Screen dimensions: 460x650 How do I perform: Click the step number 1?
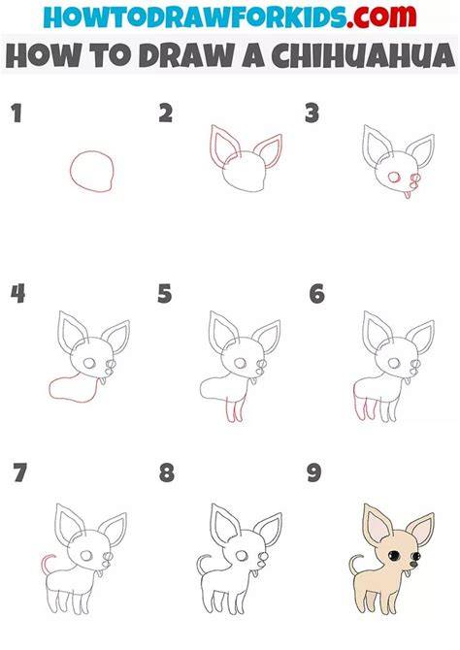click(x=16, y=114)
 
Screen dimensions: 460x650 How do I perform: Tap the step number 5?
click(x=165, y=294)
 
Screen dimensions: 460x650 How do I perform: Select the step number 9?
click(x=314, y=472)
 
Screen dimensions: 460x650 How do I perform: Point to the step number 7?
click(x=19, y=472)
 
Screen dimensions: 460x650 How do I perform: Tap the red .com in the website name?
click(x=381, y=16)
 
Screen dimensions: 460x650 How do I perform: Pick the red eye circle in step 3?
click(x=393, y=178)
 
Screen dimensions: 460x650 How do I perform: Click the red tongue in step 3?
click(x=408, y=195)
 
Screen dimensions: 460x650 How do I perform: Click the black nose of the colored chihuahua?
click(x=413, y=564)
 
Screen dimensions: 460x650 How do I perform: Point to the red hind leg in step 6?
click(x=356, y=405)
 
